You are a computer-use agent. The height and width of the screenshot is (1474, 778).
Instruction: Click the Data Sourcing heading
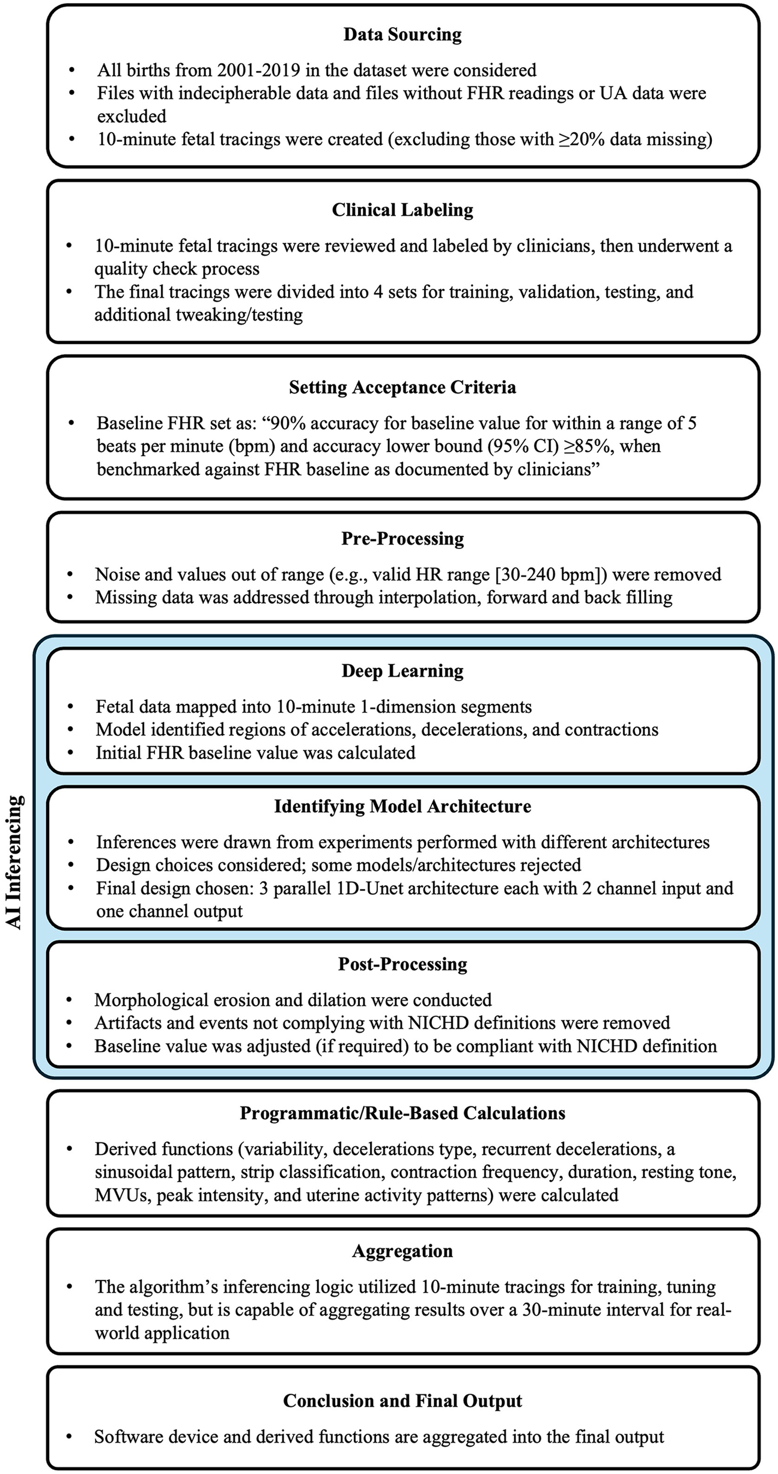[x=403, y=35]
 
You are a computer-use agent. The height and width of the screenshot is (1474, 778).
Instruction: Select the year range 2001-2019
[x=258, y=70]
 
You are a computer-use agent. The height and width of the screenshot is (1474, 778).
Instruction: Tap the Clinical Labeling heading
[x=403, y=210]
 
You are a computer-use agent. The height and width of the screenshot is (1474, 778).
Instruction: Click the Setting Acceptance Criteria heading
[x=403, y=387]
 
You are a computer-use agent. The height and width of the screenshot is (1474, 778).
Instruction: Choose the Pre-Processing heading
[x=403, y=539]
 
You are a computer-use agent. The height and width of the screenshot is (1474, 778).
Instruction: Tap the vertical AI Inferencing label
[x=16, y=862]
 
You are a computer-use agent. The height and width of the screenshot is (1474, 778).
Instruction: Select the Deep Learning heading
[x=403, y=671]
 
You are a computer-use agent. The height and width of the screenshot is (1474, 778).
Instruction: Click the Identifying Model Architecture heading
[x=403, y=806]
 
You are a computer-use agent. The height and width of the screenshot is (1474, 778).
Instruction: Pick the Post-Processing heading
[x=403, y=964]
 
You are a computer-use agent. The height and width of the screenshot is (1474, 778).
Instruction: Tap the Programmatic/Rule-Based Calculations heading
[x=403, y=1113]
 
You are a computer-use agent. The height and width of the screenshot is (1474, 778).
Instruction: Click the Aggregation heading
[x=403, y=1251]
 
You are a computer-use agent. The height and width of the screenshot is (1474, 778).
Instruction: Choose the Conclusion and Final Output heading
[x=403, y=1401]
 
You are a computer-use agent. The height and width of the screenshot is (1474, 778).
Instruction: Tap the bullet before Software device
[x=71, y=1437]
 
